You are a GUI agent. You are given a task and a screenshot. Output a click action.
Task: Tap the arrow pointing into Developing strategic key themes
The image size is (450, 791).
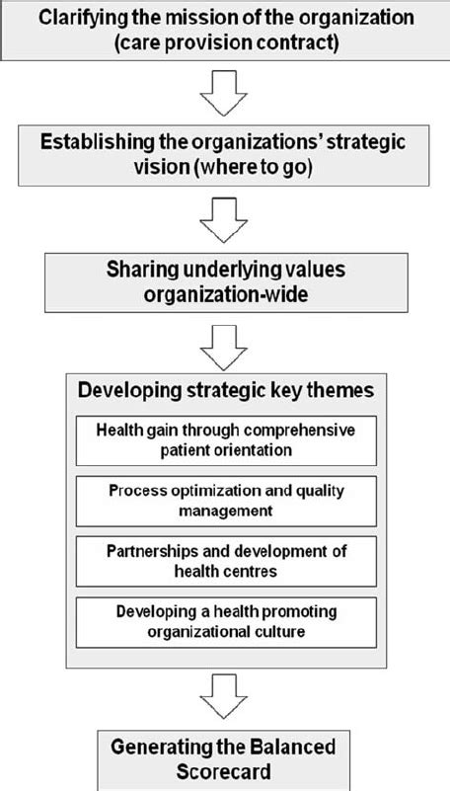(x=226, y=343)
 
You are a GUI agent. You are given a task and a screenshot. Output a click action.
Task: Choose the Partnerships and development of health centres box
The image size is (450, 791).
(x=226, y=560)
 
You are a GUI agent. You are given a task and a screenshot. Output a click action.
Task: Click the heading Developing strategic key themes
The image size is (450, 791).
(x=226, y=391)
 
